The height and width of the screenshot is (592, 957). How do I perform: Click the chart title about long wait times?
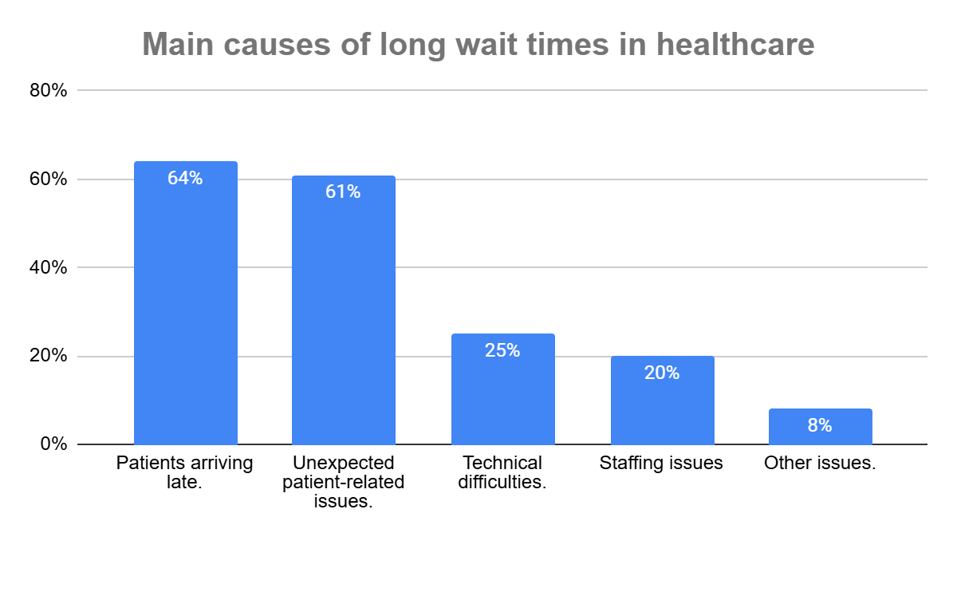pos(478,45)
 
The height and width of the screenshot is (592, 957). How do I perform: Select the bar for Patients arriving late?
pos(185,319)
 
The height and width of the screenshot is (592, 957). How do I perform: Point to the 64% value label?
pos(185,179)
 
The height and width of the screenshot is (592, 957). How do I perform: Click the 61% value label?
pos(343,192)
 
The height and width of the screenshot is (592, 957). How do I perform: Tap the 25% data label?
pos(502,350)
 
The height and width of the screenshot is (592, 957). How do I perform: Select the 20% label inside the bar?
pos(662,373)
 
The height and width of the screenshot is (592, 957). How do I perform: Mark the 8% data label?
pos(820,425)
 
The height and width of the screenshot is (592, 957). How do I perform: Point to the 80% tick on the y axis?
pos(48,91)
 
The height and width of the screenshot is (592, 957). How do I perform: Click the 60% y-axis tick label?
pos(48,180)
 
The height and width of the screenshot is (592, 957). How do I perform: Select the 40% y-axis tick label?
pos(48,268)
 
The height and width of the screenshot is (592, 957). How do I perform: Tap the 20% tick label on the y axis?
pos(48,356)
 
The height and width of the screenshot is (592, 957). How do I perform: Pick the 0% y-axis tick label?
pos(53,444)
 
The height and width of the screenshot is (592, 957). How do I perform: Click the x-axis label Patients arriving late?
pos(185,472)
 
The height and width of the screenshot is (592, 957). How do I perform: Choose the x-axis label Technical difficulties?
pos(502,472)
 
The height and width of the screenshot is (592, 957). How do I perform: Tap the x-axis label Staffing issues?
pos(662,464)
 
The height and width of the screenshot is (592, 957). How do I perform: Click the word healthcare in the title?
pos(735,45)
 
